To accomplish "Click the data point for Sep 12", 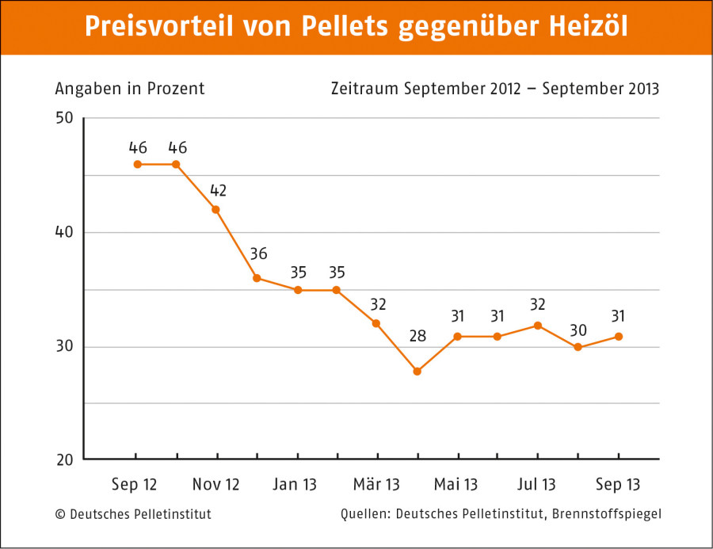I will coord(137,164).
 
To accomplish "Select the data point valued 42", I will coord(216,210).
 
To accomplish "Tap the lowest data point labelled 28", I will coord(418,371).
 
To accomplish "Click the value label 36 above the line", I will coord(258,254).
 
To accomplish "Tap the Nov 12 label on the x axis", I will coord(216,484).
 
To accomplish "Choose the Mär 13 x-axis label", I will coord(376,484).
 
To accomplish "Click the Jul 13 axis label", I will coord(538,484).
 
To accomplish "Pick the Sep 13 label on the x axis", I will coord(619,484).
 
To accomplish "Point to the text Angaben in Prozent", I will coord(130,89).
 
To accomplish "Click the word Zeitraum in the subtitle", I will coord(365,89).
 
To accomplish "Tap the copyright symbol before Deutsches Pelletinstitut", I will coord(60,514).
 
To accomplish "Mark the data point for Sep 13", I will coord(619,336).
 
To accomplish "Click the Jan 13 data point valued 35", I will coord(298,290).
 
